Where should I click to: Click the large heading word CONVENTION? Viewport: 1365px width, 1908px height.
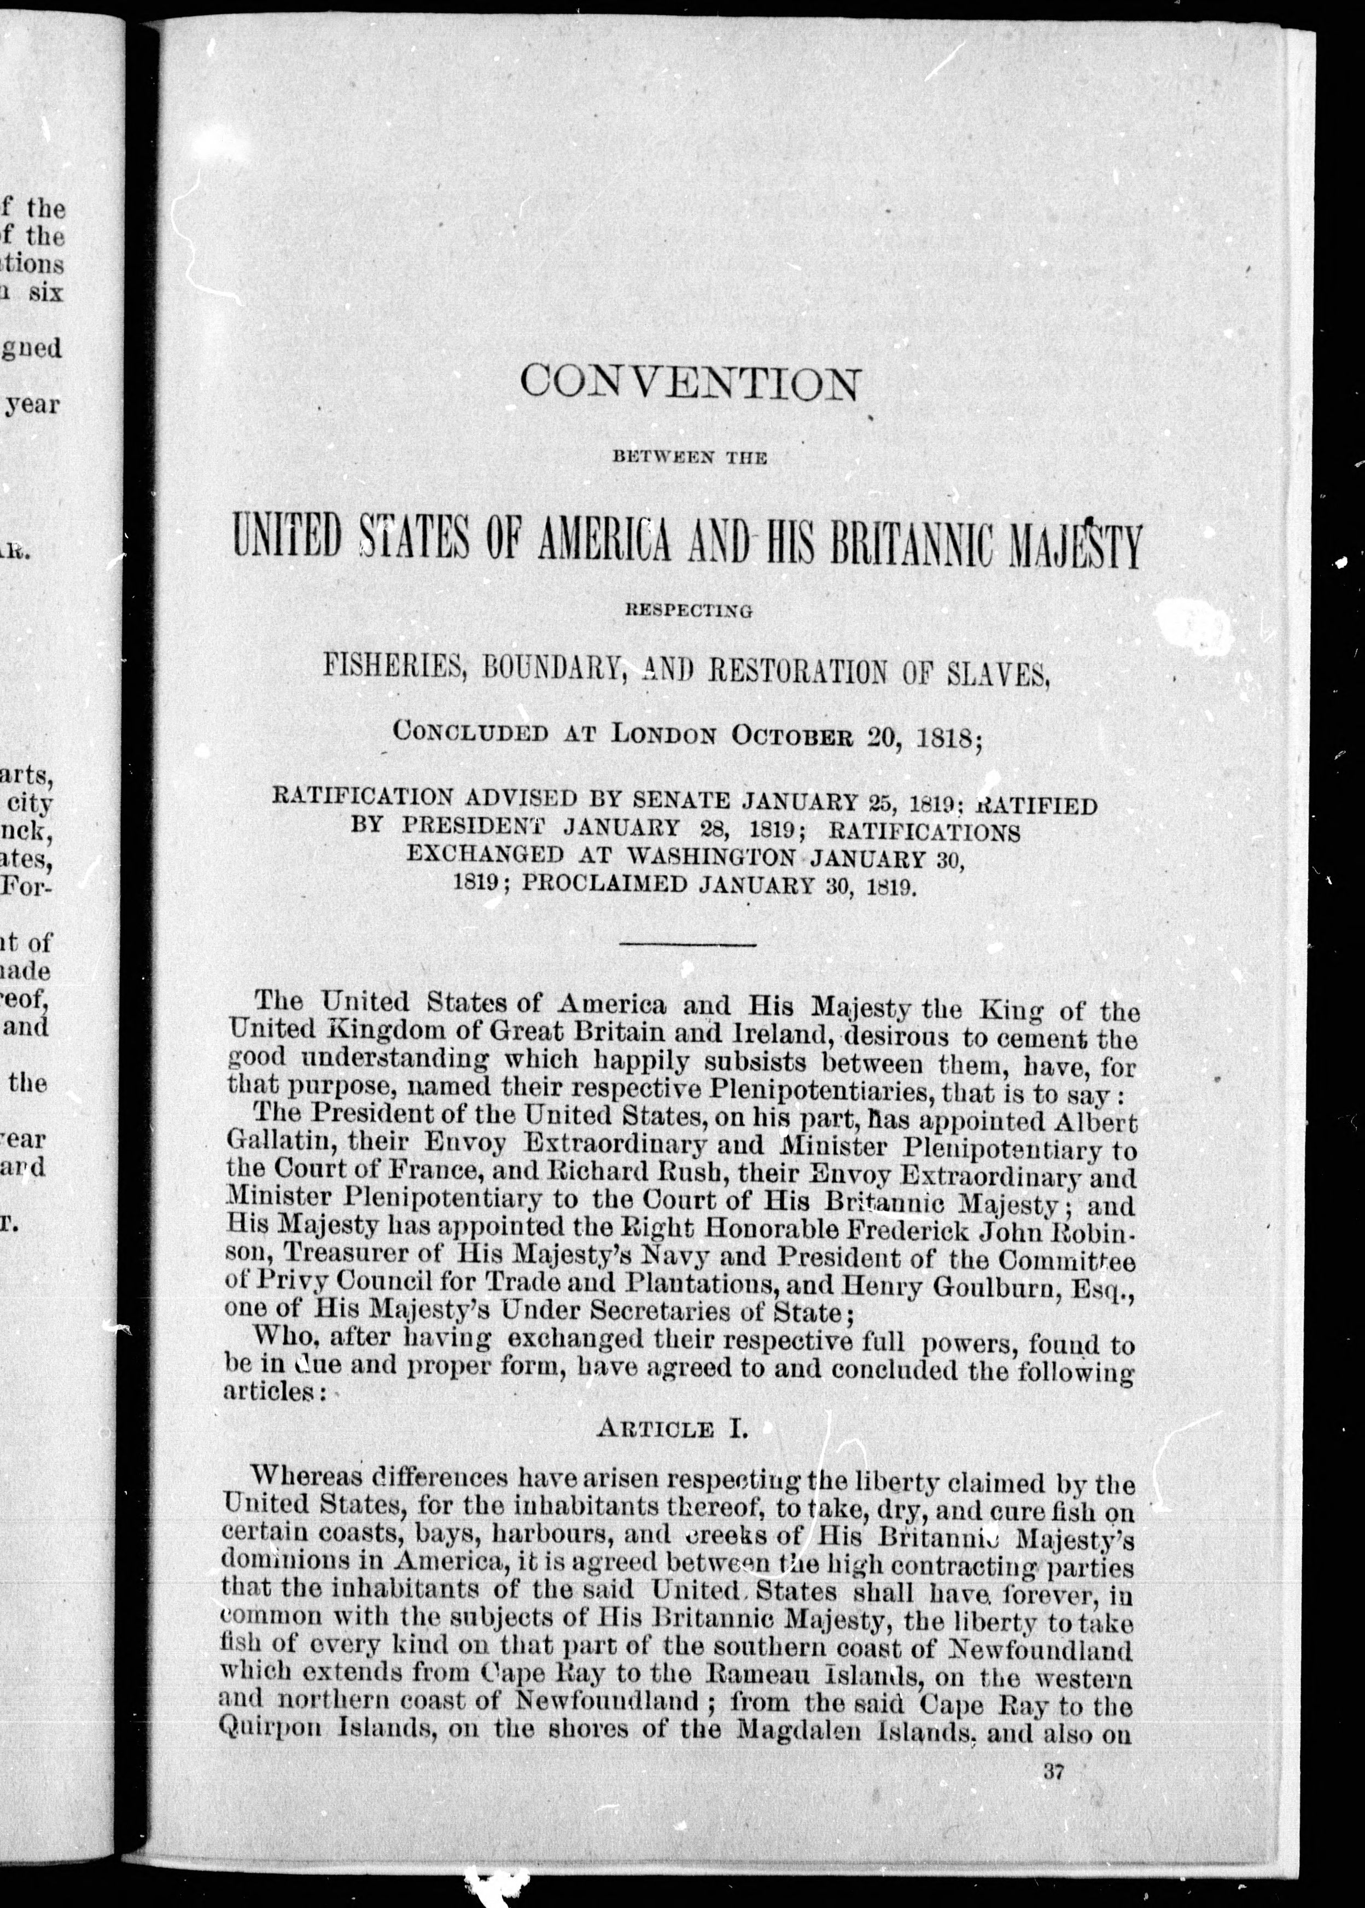690,384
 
